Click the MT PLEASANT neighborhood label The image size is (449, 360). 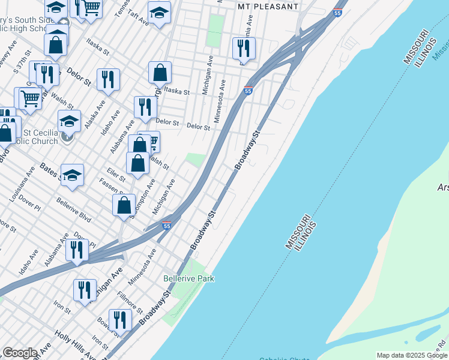pos(268,6)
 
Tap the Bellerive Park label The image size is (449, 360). pos(188,278)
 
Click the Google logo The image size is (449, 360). pos(20,353)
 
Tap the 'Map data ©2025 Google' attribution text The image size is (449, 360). pos(411,355)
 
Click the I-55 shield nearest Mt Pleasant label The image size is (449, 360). pos(337,13)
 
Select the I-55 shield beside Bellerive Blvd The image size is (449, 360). pos(167,226)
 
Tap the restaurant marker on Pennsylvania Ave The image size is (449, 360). pos(244,47)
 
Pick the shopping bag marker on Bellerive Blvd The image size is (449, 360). pos(124,205)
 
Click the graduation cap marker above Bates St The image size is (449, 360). pos(72,175)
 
